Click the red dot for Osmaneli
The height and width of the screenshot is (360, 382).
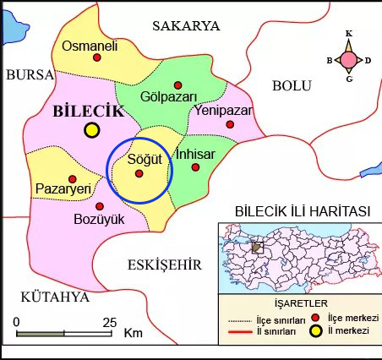pos(96,57)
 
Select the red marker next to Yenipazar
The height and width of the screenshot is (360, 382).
pos(230,124)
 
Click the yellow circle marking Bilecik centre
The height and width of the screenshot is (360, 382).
pos(91,130)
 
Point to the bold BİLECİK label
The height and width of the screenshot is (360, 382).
pos(88,111)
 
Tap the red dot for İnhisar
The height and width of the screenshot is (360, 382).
pos(195,167)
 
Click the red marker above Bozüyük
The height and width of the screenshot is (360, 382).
pos(100,206)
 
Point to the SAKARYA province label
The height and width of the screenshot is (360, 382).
pos(185,27)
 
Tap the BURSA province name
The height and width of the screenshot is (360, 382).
pos(30,75)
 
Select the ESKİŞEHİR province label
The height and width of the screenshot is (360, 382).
pos(164,265)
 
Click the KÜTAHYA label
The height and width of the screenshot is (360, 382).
pos(55,297)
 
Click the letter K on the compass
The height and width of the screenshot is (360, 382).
pos(349,34)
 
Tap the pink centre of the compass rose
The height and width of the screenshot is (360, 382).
pos(349,59)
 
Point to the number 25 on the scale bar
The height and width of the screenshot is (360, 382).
pos(108,322)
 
